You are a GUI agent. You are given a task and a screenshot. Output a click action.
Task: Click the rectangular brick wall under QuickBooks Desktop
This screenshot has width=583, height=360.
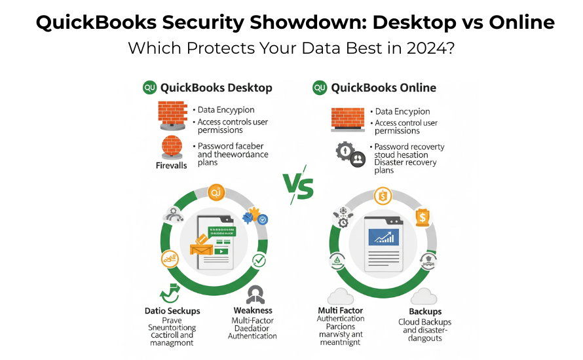(x=173, y=115)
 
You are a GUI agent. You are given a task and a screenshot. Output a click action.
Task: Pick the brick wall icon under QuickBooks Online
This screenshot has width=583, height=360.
(x=347, y=117)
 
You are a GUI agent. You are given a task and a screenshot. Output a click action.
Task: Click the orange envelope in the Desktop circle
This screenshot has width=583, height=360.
(x=202, y=246)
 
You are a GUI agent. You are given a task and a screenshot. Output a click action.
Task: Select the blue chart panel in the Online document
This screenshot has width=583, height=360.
(x=384, y=236)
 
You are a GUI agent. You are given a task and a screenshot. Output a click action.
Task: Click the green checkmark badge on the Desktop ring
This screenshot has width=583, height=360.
(x=259, y=261)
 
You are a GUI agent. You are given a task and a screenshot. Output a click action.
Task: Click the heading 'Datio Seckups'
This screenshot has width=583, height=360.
(x=172, y=311)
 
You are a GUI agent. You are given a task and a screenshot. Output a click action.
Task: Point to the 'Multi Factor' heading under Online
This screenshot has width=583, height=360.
(x=340, y=310)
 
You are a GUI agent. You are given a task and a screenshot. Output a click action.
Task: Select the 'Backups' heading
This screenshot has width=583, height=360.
(x=425, y=312)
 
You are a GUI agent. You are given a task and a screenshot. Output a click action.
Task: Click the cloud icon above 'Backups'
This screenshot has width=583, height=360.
(x=424, y=295)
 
